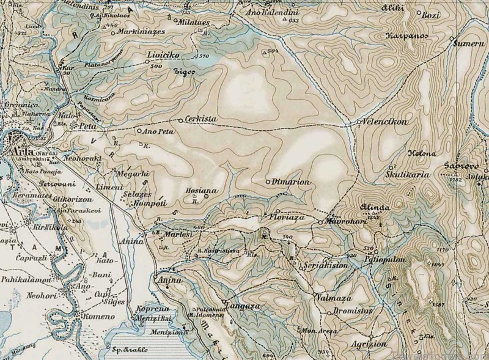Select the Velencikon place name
[385, 122]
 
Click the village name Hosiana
[201, 190]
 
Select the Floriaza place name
[283, 216]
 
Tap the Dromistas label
[354, 311]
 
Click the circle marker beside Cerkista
[180, 120]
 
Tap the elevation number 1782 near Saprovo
[455, 180]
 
